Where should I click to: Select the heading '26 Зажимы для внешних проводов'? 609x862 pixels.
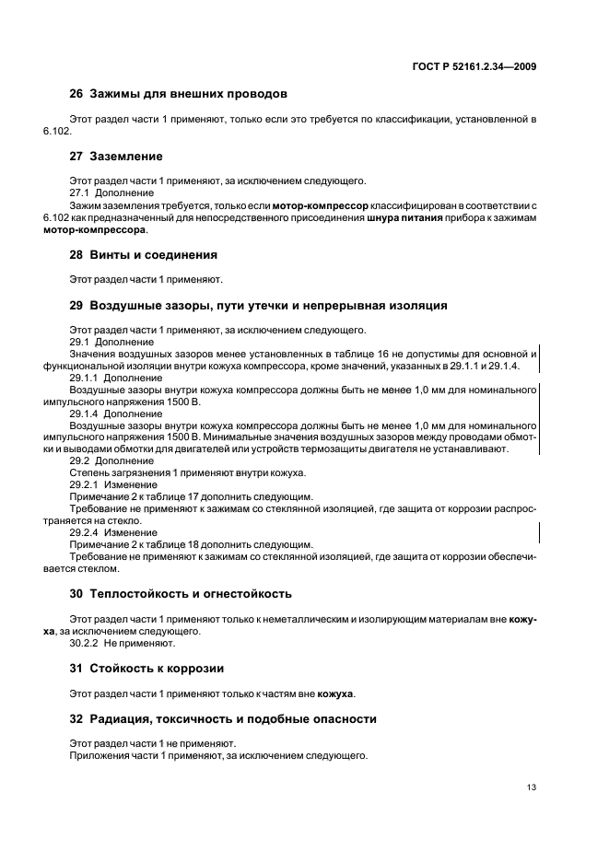180,94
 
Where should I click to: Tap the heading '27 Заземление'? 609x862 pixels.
116,157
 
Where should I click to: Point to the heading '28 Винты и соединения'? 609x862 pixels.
144,254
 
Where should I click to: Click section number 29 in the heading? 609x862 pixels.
76,305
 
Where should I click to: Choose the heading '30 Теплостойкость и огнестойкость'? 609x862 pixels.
182,594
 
